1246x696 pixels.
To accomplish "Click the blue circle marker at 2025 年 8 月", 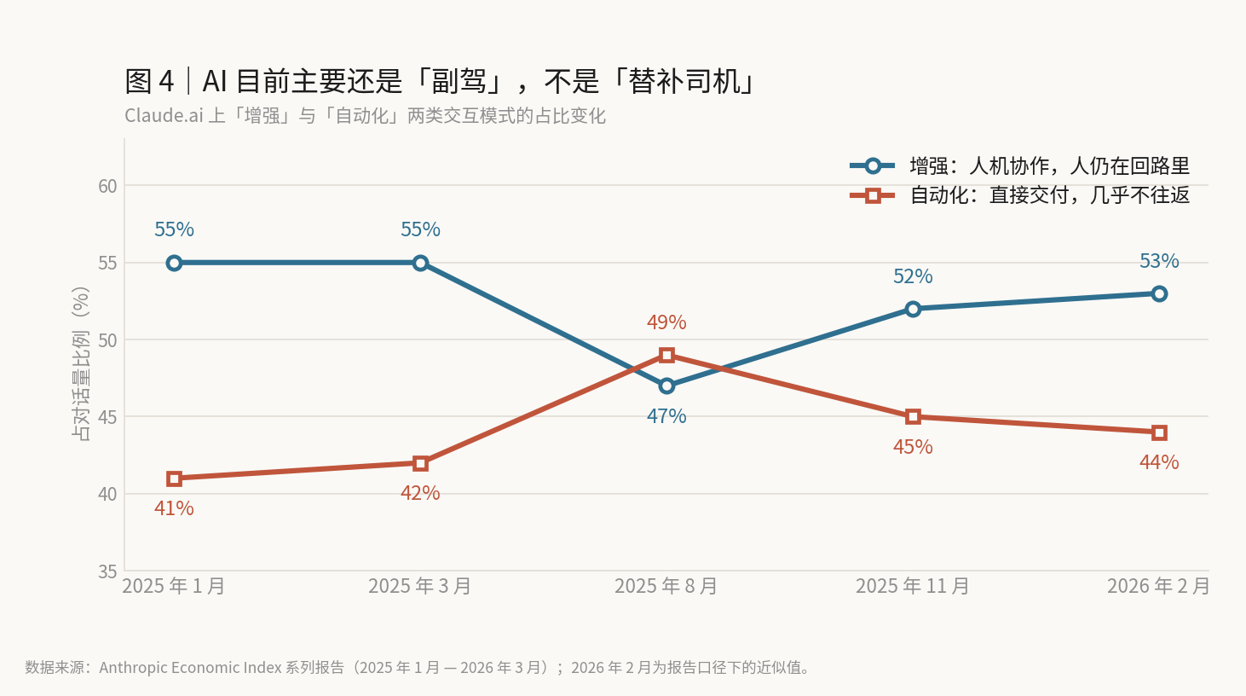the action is (x=666, y=386).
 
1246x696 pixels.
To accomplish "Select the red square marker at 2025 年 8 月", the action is (x=666, y=355).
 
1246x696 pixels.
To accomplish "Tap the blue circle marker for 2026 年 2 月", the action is (x=1159, y=293).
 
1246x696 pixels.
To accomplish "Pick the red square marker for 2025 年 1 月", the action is (x=174, y=478).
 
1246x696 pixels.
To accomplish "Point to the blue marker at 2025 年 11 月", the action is (x=913, y=309).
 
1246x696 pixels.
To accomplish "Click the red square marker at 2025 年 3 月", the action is (x=420, y=463).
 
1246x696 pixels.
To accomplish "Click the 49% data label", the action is (x=666, y=322).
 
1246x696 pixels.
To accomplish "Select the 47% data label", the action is (x=666, y=416).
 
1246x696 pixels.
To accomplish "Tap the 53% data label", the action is (x=1159, y=261).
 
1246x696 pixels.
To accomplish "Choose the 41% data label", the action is (x=174, y=508).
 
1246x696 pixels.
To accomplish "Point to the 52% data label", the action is (x=913, y=276).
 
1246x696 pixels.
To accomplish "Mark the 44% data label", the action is (x=1159, y=462).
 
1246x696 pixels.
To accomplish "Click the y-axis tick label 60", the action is (x=107, y=186).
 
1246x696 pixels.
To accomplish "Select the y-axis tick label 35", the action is (x=107, y=571).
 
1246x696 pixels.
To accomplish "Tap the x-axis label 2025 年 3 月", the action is (x=420, y=586).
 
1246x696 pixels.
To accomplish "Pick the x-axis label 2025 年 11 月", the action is (x=912, y=586).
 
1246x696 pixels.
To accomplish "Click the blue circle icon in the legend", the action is (x=873, y=166).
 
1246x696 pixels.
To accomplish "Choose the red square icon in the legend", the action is (x=873, y=195).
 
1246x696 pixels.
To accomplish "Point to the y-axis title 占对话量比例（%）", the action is (x=81, y=364).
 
